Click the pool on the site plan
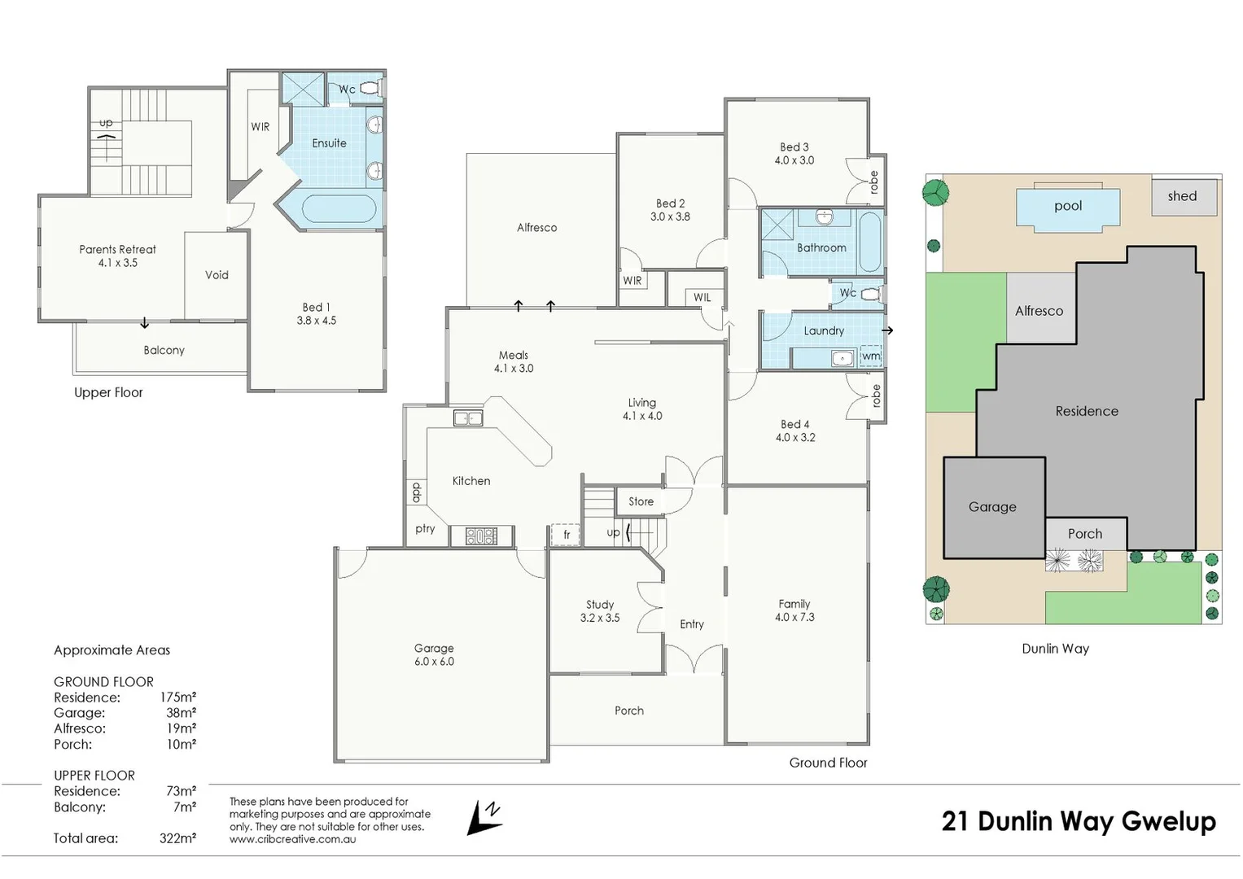click(x=1067, y=207)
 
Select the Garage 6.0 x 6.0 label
click(x=434, y=655)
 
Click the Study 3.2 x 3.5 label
click(x=600, y=611)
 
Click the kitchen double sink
click(x=468, y=418)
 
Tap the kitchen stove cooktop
click(x=481, y=536)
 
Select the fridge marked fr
click(x=566, y=534)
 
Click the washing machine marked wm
click(x=870, y=356)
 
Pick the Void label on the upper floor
click(x=217, y=275)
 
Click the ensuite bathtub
click(x=339, y=209)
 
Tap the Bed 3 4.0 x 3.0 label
click(x=794, y=154)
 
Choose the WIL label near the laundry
click(x=702, y=298)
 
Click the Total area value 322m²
click(x=177, y=838)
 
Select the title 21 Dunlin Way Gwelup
click(x=1079, y=821)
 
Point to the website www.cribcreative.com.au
click(x=292, y=839)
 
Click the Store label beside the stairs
click(x=641, y=501)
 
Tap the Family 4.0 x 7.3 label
click(x=794, y=610)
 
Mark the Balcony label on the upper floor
click(x=164, y=350)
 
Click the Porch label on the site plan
click(x=1085, y=534)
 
